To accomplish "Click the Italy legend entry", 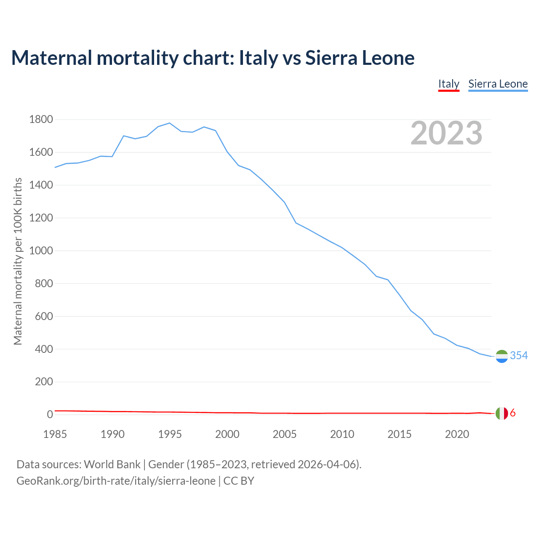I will (x=448, y=84).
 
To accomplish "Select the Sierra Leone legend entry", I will (x=498, y=84).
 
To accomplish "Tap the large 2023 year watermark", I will (x=446, y=133).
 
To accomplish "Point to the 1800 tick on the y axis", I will (x=41, y=120).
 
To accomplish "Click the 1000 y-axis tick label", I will (x=41, y=251).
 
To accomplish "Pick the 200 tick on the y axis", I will (x=44, y=382).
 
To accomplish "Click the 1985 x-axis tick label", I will (x=55, y=434).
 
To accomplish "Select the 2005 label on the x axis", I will (x=285, y=434).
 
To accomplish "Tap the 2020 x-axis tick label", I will (x=457, y=434).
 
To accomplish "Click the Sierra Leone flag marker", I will (x=502, y=356).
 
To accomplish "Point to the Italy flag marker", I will (x=502, y=414).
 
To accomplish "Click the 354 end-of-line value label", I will (x=519, y=356).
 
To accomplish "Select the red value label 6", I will (x=512, y=413).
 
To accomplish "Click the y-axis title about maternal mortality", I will (x=18, y=261).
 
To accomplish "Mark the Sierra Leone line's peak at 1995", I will (x=169, y=123).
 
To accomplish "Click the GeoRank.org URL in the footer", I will (x=116, y=481).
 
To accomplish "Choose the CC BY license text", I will (x=239, y=481).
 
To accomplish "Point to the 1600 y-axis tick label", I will (x=41, y=152).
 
